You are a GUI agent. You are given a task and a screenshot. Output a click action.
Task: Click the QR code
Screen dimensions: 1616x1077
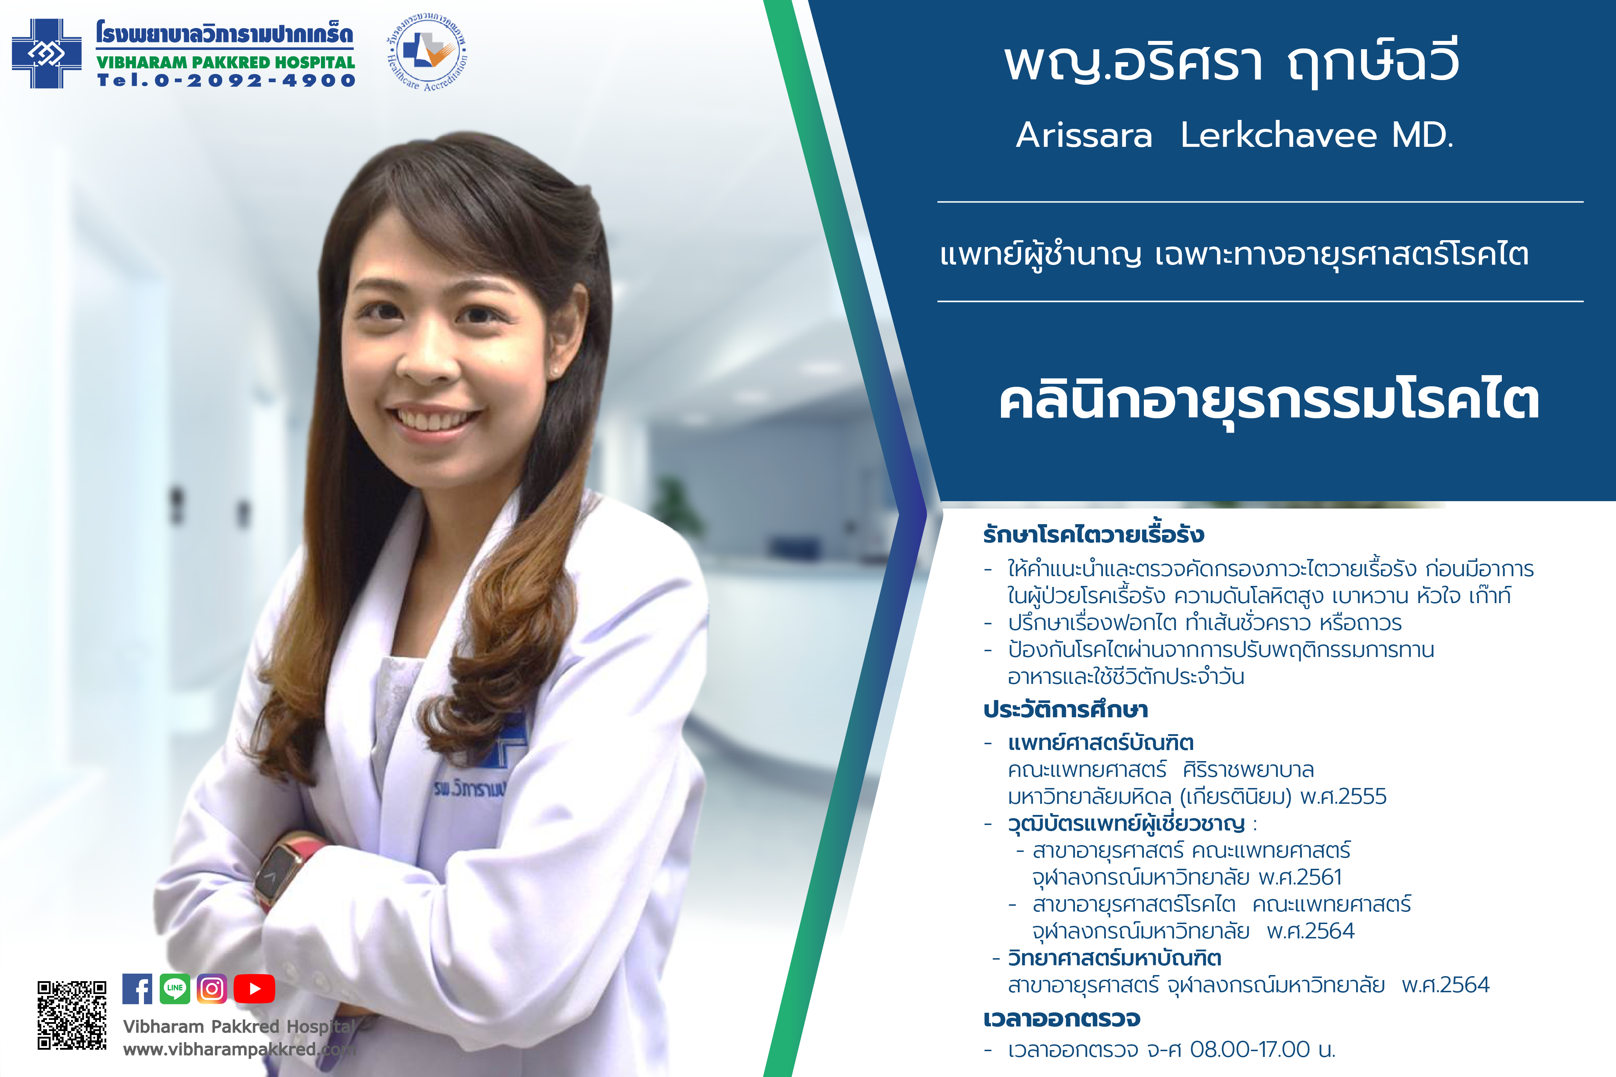click(x=72, y=1015)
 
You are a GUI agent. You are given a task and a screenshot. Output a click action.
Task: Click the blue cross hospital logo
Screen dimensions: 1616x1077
click(x=47, y=53)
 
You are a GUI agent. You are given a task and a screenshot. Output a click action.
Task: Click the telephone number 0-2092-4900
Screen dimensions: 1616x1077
click(x=254, y=80)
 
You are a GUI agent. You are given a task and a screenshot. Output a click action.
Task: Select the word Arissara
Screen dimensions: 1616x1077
click(x=1084, y=135)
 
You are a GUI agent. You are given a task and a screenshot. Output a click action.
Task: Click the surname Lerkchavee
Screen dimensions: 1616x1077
click(x=1278, y=135)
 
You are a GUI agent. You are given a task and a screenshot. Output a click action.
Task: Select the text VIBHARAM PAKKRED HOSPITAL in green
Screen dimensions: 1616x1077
click(x=225, y=62)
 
